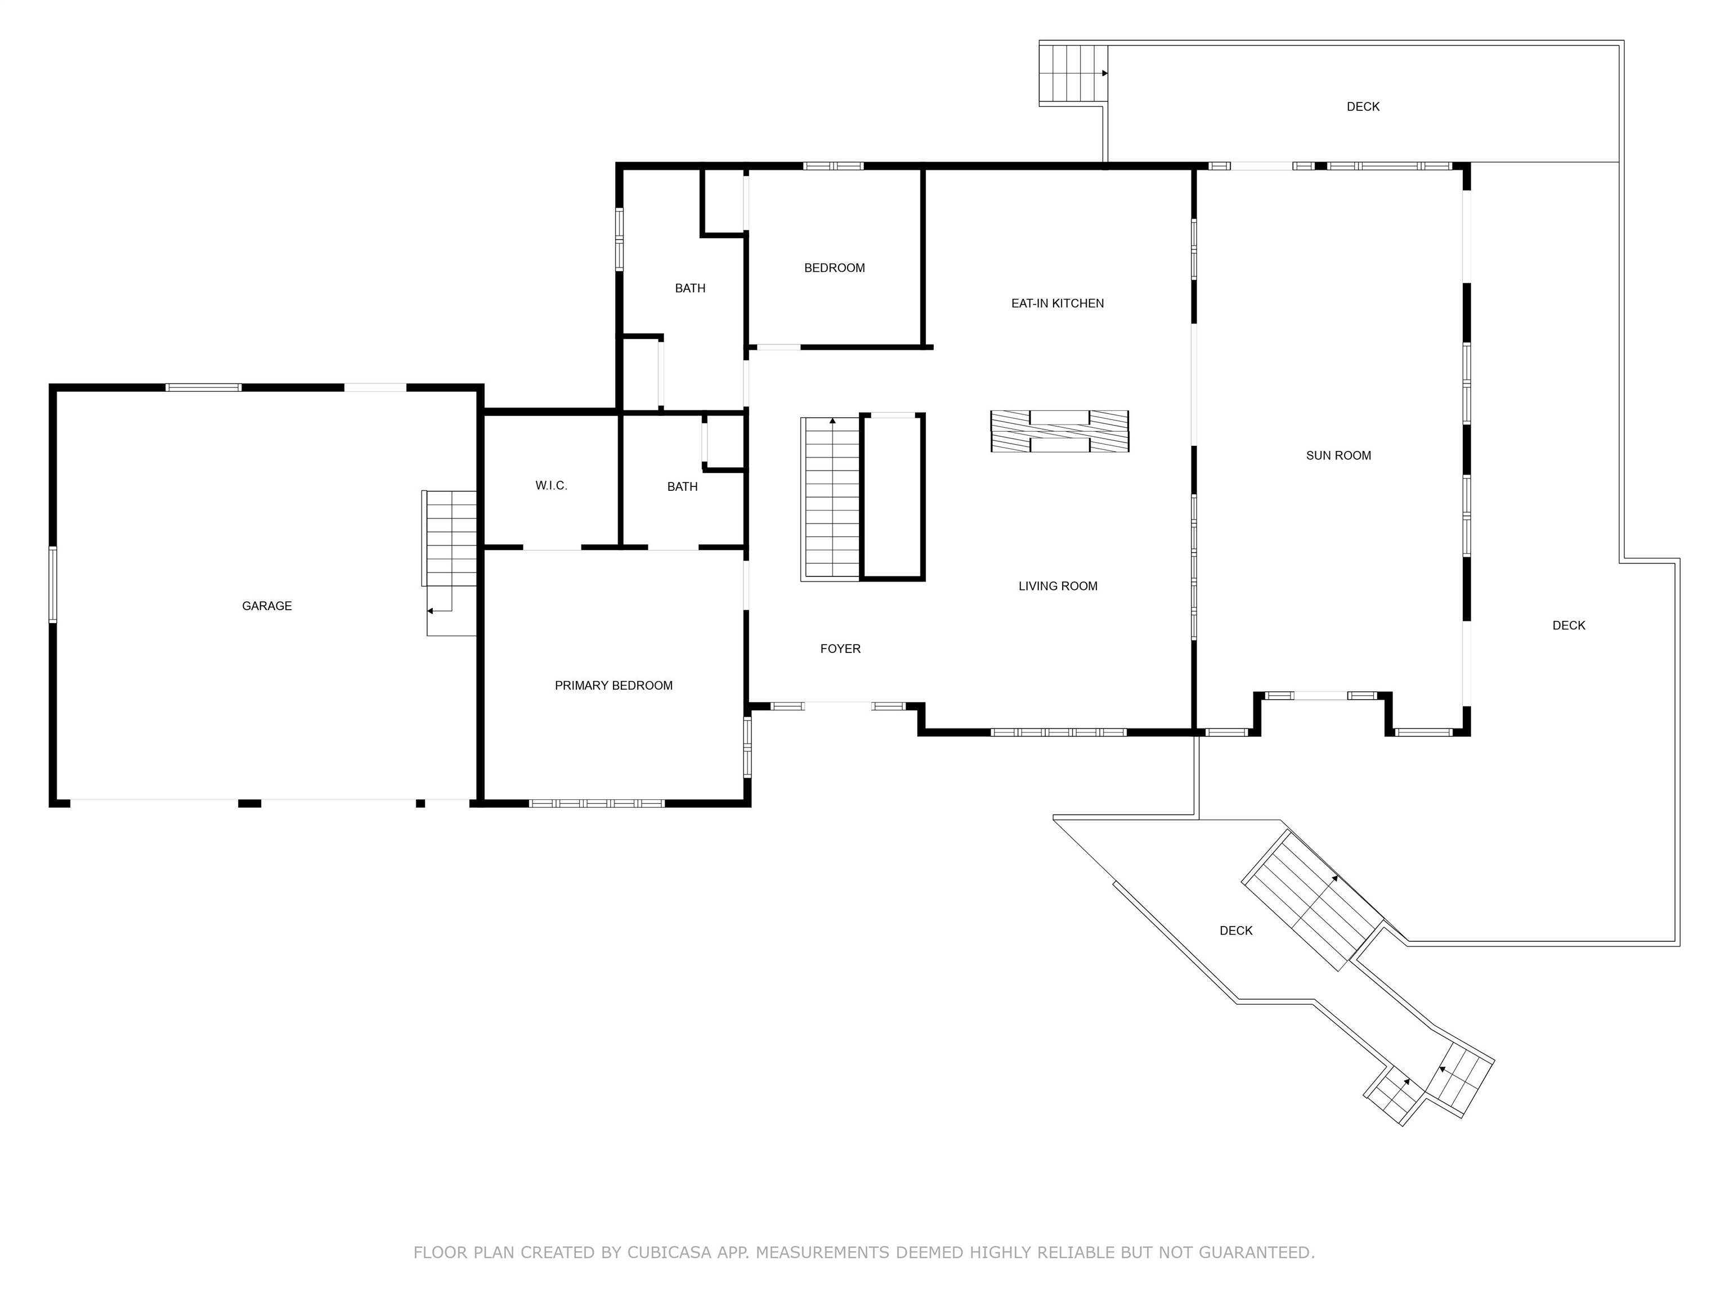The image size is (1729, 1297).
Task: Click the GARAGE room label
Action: (x=267, y=606)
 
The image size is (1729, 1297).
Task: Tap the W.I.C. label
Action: (x=551, y=485)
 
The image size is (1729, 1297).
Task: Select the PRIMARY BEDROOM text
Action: (x=613, y=686)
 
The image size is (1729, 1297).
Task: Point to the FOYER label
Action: (x=840, y=649)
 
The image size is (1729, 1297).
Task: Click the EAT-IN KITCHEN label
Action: (x=1057, y=303)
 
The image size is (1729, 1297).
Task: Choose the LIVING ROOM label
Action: (x=1058, y=587)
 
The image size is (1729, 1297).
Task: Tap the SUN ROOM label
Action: (x=1338, y=456)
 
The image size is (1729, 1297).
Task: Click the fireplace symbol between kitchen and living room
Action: (x=1059, y=432)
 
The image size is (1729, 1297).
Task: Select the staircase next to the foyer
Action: (x=830, y=499)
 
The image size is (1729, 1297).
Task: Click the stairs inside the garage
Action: (x=450, y=539)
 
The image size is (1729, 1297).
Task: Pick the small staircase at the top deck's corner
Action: (x=1072, y=74)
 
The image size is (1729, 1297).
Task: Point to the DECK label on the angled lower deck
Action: (x=1236, y=931)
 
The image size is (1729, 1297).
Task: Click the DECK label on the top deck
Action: (x=1363, y=107)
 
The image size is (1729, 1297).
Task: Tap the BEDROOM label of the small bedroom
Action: (x=834, y=268)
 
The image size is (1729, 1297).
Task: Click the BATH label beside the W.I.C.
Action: (x=682, y=487)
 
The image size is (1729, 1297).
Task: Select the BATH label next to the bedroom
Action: (x=689, y=288)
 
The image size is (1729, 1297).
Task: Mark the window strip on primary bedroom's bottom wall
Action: (x=597, y=803)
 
